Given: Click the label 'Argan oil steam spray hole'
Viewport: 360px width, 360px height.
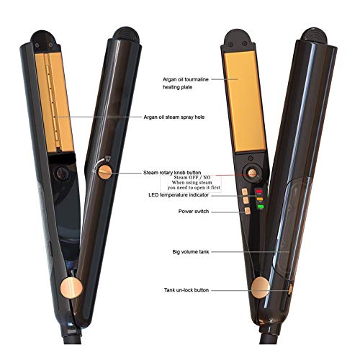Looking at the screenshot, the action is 174,117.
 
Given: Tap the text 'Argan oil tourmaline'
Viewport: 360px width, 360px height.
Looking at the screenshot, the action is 186,79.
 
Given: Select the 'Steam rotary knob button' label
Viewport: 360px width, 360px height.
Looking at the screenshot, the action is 172,173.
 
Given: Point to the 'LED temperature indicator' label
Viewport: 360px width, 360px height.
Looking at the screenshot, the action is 179,195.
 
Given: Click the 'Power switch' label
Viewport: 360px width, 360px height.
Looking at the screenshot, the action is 194,212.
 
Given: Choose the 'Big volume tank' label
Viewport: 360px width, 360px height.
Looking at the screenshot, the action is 191,252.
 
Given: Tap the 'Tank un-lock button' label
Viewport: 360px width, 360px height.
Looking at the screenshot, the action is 186,290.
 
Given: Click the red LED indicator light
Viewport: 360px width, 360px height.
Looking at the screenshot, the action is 259,192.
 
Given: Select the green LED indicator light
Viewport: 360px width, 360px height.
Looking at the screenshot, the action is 261,207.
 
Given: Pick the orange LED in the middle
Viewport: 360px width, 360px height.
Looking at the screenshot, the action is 260,199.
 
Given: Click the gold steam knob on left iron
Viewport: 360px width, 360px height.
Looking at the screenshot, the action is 105,172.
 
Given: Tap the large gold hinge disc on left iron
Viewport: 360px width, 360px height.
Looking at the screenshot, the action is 71,287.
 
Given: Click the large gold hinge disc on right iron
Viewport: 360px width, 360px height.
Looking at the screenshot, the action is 261,287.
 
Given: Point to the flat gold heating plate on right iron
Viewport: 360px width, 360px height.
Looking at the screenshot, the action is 245,102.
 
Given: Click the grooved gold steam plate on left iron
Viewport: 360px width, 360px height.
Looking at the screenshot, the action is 54,102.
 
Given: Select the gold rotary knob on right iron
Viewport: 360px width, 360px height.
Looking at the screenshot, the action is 252,173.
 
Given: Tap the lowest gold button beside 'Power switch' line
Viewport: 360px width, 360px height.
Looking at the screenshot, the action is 248,211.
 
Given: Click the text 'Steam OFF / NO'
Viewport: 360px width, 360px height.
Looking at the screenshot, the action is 192,177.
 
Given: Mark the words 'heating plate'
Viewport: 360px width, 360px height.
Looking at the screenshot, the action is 178,87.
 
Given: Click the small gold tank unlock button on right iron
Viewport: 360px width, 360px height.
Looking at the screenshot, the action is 290,289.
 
